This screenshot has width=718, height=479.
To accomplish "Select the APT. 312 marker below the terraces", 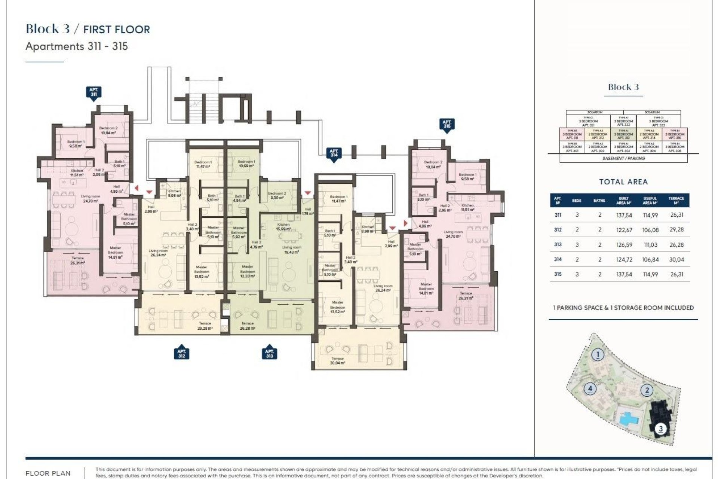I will point(181,353).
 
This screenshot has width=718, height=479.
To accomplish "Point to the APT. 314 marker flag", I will point(334,154).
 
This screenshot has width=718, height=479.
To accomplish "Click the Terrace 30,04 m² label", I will point(337,361).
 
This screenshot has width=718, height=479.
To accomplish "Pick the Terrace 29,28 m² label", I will point(205,326).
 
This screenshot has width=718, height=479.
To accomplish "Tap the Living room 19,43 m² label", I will point(291,250).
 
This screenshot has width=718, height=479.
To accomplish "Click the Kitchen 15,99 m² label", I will point(283,227).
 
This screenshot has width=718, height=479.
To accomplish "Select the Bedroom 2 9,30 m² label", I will point(277,195).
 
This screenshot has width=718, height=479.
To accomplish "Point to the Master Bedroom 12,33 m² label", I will point(247,271).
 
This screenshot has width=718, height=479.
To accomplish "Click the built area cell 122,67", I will point(624,230).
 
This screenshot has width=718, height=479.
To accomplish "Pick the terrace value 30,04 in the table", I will point(676,259).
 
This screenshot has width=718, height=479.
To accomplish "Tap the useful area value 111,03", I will point(650,245).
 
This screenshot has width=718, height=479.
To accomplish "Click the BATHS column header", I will point(599,201).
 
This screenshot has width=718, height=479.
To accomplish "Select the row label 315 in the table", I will point(558,274).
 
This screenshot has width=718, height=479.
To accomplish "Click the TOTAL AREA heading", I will point(623,182).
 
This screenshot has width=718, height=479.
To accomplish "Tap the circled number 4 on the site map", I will point(590,388).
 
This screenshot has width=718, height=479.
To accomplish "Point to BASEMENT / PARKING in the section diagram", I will point(623,158).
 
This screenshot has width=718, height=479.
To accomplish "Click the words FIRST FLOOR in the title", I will point(116,30).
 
